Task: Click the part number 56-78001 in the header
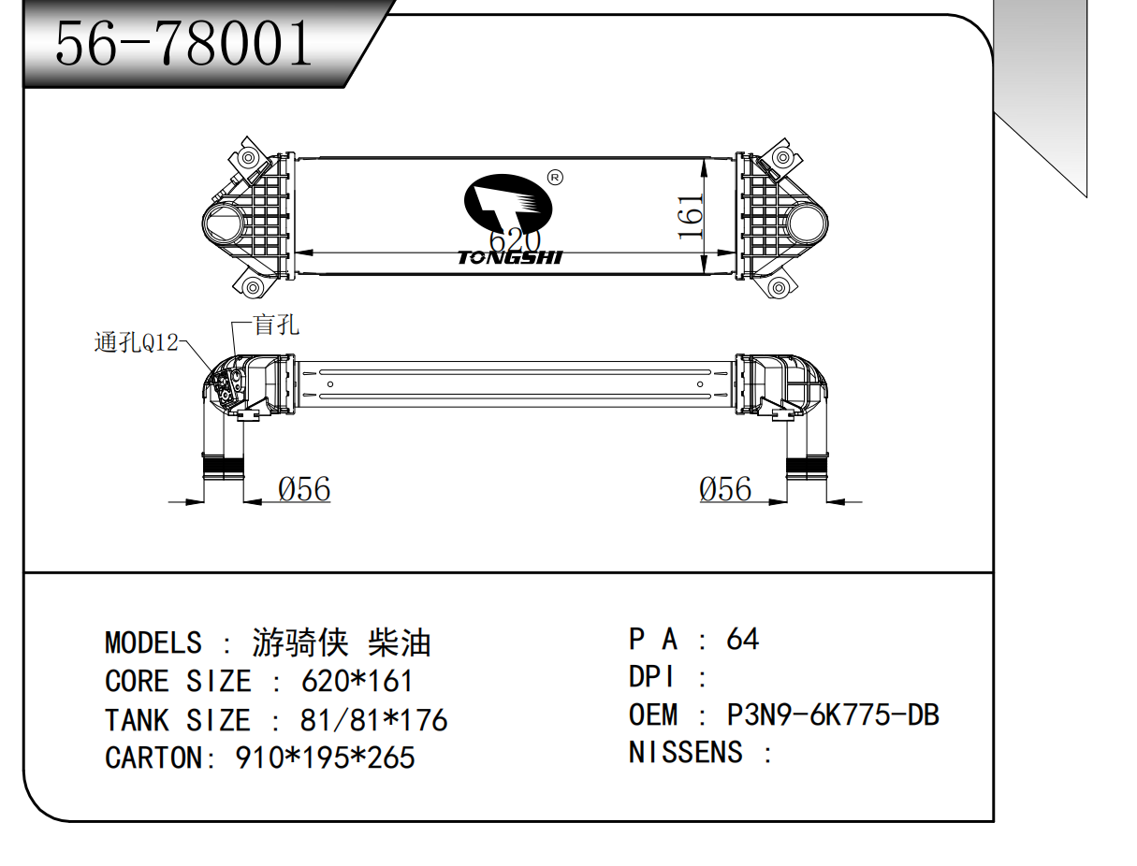click(x=183, y=43)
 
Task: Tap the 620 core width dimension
click(x=515, y=240)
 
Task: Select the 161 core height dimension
click(x=690, y=217)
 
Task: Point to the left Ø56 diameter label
click(x=304, y=489)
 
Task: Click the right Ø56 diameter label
click(x=725, y=489)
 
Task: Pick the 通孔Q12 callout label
click(x=136, y=343)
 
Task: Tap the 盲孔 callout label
click(x=276, y=325)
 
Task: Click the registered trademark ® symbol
click(x=554, y=178)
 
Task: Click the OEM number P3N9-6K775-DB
click(x=833, y=715)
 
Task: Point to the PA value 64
click(x=742, y=640)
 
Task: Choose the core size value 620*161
click(x=357, y=681)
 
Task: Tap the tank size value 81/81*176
click(x=373, y=720)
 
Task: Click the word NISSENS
click(x=686, y=753)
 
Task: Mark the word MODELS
click(x=153, y=643)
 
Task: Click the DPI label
click(x=653, y=677)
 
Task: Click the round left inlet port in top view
click(x=225, y=224)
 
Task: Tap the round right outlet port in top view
click(x=808, y=224)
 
